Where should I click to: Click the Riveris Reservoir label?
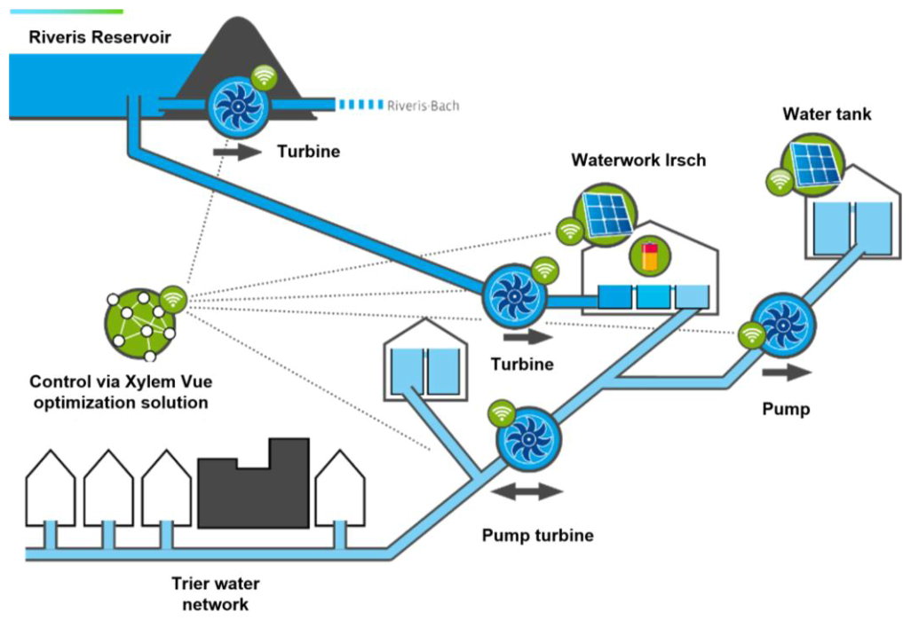[x=99, y=37]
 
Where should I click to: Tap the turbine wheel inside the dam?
[x=238, y=106]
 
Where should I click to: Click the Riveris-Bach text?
[x=423, y=106]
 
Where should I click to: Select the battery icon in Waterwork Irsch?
[x=650, y=256]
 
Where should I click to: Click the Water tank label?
[x=827, y=114]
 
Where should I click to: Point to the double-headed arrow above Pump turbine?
[x=527, y=491]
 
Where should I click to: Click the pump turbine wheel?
[x=528, y=439]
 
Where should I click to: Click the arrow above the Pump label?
[x=787, y=373]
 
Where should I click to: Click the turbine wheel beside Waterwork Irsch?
[x=514, y=296]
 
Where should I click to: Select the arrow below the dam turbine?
[x=238, y=152]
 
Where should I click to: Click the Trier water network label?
[x=216, y=593]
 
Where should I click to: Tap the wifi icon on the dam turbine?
[x=265, y=77]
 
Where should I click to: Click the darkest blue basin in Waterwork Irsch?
[x=614, y=296]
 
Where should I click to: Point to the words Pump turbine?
[x=537, y=535]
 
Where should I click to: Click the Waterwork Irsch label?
[x=638, y=160]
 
